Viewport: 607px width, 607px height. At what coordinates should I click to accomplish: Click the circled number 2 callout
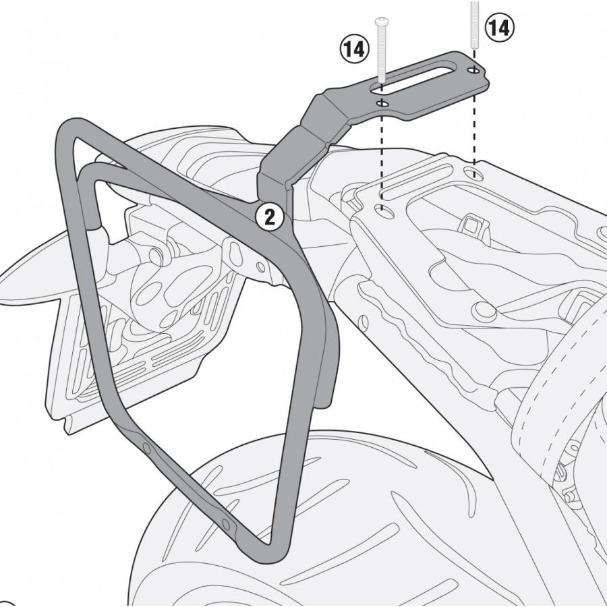click(269, 217)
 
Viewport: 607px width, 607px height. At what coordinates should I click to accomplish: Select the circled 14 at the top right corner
click(499, 28)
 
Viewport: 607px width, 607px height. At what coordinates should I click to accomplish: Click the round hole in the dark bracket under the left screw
click(382, 103)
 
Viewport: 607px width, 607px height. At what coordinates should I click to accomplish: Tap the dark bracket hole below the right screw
click(475, 69)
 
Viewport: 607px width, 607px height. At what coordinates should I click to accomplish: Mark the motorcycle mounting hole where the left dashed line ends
click(384, 210)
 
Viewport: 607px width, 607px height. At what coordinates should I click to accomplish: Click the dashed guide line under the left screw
click(382, 155)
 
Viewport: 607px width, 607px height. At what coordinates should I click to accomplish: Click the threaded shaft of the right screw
click(475, 27)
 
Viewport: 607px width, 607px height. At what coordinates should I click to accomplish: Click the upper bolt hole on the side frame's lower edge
click(146, 448)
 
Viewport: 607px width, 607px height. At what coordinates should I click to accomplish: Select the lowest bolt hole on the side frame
click(226, 525)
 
